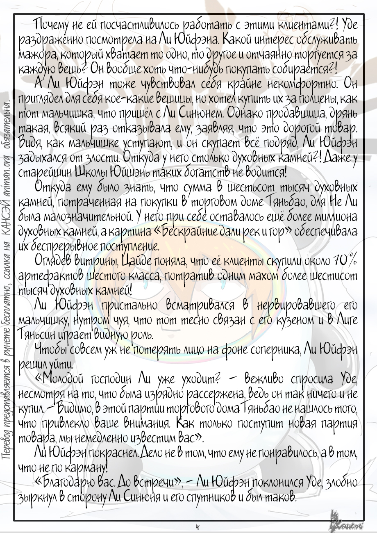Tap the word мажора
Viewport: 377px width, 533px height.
click(34, 53)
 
